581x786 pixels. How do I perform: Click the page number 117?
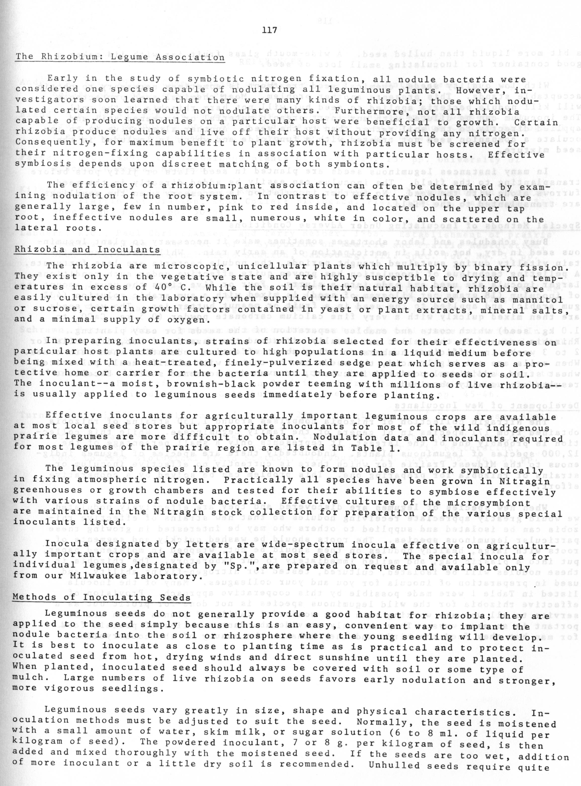(x=269, y=30)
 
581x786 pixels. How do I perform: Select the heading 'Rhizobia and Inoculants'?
(x=87, y=250)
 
